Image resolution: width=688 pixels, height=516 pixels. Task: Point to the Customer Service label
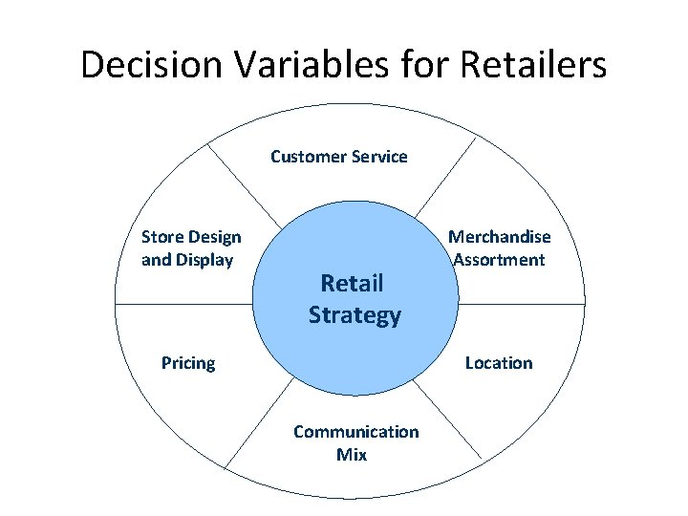[x=338, y=156]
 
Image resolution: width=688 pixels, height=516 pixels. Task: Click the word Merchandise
[x=500, y=237]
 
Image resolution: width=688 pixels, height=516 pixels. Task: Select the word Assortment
[x=499, y=260]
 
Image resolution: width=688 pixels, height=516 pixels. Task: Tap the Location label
[x=498, y=363]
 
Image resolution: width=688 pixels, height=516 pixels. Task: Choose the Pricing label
[x=188, y=363]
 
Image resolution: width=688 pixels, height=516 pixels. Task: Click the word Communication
[x=355, y=432]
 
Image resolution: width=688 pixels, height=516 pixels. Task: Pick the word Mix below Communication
[x=351, y=455]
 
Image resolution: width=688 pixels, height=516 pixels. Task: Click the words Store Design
[x=191, y=237]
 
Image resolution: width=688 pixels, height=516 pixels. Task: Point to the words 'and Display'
[x=187, y=260]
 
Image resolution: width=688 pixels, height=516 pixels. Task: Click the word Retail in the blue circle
[x=352, y=283]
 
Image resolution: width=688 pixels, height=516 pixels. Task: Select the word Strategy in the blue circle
[x=355, y=315]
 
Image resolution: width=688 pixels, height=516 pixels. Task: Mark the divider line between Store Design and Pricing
[x=182, y=304]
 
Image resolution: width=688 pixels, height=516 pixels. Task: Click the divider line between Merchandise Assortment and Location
[x=521, y=304]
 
